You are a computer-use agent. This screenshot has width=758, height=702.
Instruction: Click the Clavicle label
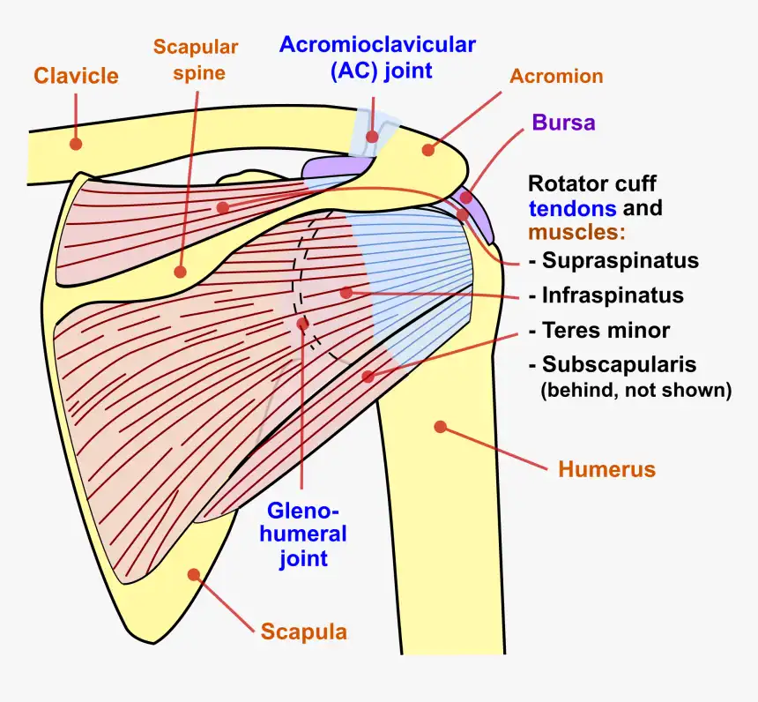(x=76, y=76)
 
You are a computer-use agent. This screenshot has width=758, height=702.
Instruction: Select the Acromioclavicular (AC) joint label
(x=377, y=57)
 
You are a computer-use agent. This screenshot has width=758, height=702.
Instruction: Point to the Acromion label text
(x=556, y=76)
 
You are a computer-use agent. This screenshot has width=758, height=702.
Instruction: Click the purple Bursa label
(x=563, y=123)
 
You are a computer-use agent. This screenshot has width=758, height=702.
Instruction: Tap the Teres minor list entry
(x=606, y=331)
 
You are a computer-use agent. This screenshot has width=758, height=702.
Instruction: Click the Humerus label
(x=607, y=469)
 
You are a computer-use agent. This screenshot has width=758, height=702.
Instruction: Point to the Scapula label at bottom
(x=303, y=631)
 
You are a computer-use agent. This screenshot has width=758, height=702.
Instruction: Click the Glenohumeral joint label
(x=304, y=534)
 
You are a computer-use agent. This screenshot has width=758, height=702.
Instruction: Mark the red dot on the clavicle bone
(x=77, y=143)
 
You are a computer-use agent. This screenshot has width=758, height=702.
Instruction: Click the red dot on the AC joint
(x=373, y=137)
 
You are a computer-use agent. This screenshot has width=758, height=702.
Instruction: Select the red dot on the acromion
(x=428, y=150)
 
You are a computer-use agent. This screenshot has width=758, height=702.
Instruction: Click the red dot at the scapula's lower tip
(x=194, y=574)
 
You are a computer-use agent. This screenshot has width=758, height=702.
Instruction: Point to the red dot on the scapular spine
(x=180, y=273)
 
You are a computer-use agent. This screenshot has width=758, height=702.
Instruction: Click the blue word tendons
(x=573, y=209)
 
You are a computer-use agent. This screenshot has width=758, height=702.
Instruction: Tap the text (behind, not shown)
(x=635, y=390)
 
